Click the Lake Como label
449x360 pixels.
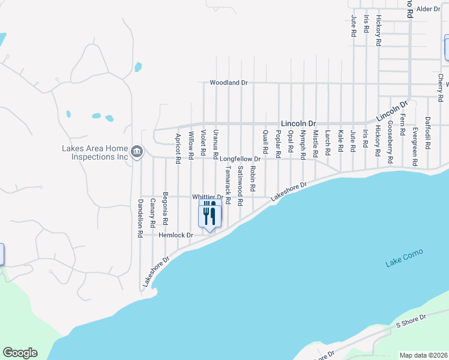405,258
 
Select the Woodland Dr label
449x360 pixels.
228,82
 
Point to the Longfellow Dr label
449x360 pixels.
240,159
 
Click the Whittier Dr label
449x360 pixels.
207,197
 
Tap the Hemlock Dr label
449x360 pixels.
176,235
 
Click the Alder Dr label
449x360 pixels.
429,9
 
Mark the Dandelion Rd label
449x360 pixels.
140,217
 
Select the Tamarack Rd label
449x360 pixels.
228,184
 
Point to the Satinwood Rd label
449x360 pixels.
240,187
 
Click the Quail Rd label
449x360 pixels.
265,142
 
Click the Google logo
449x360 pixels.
20,353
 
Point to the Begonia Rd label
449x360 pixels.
165,213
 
